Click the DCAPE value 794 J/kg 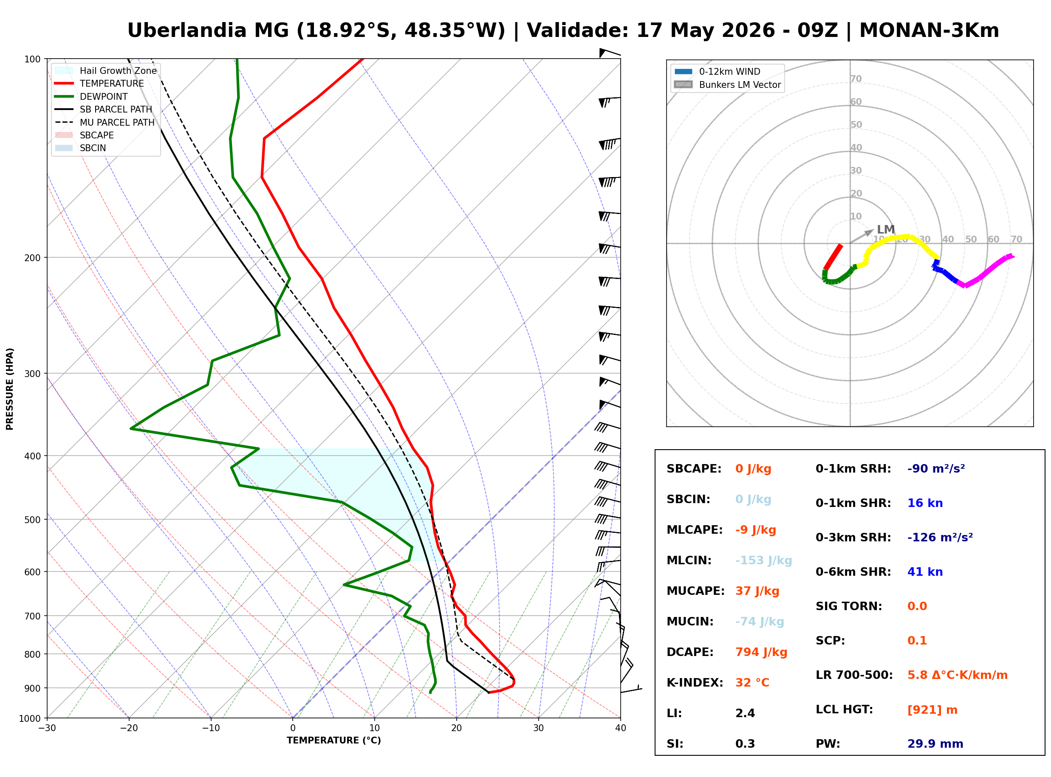click(761, 652)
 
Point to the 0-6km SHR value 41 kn click(924, 572)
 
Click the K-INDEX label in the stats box click(695, 683)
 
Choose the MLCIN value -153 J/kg click(763, 560)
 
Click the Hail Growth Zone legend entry click(105, 70)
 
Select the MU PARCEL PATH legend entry click(105, 122)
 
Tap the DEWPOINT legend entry click(91, 96)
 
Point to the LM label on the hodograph click(885, 230)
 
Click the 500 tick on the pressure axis click(32, 520)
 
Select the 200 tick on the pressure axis click(32, 258)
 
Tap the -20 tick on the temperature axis click(128, 728)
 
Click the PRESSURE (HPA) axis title click(9, 389)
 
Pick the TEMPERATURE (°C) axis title click(333, 740)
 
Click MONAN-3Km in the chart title click(929, 31)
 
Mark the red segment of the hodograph click(833, 257)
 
